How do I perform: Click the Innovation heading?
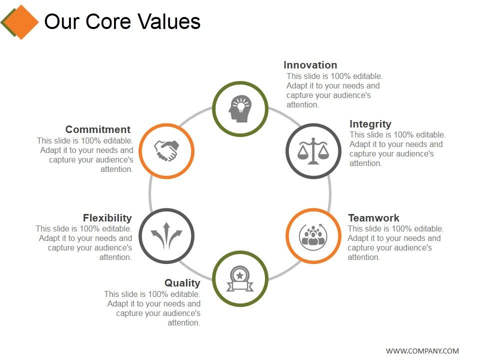(310, 65)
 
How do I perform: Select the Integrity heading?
(370, 124)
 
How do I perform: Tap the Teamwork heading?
(373, 218)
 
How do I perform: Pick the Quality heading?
(182, 283)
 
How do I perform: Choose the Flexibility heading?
(107, 218)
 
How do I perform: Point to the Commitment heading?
(98, 129)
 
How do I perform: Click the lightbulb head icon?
(239, 108)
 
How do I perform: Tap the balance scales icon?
(313, 150)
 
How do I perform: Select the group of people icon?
(313, 235)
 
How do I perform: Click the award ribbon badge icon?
(240, 278)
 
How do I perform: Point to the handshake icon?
(166, 150)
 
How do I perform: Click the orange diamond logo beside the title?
(20, 22)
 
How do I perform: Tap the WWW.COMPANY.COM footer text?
(422, 351)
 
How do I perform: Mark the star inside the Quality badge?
(240, 274)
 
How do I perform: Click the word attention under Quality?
(184, 323)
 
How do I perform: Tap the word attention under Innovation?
(302, 105)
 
